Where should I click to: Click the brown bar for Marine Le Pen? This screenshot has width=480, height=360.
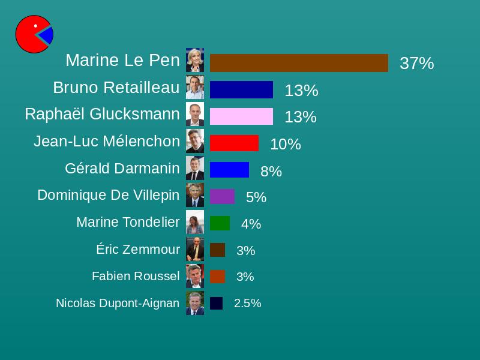pos(299,63)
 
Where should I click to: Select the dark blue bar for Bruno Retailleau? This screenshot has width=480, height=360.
pos(241,89)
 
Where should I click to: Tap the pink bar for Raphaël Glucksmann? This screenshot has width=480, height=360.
pos(241,116)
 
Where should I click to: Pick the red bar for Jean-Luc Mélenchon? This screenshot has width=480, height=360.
pos(234,143)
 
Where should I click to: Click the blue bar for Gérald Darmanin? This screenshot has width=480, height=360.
pos(229,170)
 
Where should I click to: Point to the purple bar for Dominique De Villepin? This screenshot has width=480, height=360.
pos(222,197)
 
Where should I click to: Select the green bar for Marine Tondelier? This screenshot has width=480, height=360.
pos(220,223)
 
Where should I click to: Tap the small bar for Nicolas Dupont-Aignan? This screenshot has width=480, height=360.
pos(216,304)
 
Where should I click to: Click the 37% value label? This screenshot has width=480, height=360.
pos(416,63)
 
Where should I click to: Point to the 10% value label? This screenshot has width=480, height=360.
pos(286,144)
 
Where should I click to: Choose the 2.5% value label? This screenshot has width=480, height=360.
pos(247,304)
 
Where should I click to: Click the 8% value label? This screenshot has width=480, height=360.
pos(271,172)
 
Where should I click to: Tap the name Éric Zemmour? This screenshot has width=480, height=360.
pos(138,249)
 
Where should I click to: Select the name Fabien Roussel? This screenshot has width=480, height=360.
pos(136,276)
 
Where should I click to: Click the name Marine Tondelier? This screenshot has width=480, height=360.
pos(128,222)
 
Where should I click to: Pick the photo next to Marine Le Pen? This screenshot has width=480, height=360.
pos(195,60)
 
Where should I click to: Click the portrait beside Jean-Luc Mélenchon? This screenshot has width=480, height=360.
pos(195,141)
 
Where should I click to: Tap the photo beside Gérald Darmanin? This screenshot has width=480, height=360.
pos(195,168)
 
